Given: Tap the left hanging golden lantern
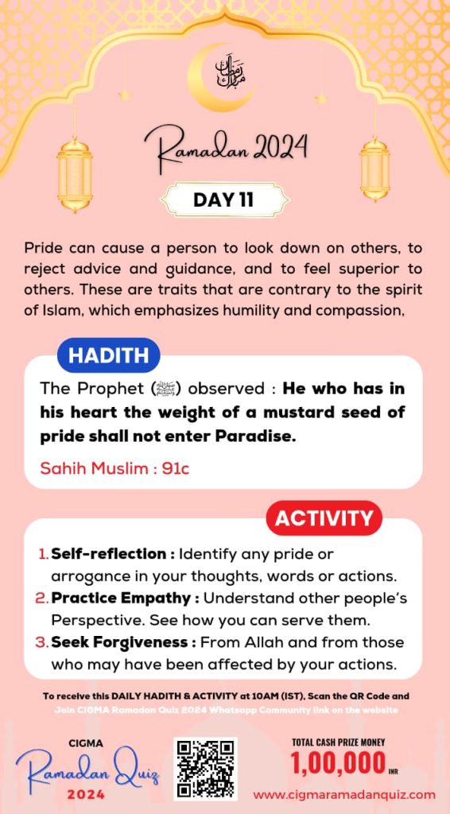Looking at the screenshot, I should coord(75,174).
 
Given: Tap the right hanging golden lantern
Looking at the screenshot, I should coord(374,169).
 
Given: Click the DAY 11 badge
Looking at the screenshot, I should coord(223,200).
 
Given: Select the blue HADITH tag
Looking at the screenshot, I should coord(108,355).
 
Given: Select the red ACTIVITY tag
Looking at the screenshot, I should coord(324,519).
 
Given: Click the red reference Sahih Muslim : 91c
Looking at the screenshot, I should coord(115,468).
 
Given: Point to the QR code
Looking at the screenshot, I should coord(205,769).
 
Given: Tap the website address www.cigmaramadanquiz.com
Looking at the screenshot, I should coord(344,794).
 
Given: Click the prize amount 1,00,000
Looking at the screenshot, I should coord(338,764).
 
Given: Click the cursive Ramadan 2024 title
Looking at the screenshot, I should coord(225,149).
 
